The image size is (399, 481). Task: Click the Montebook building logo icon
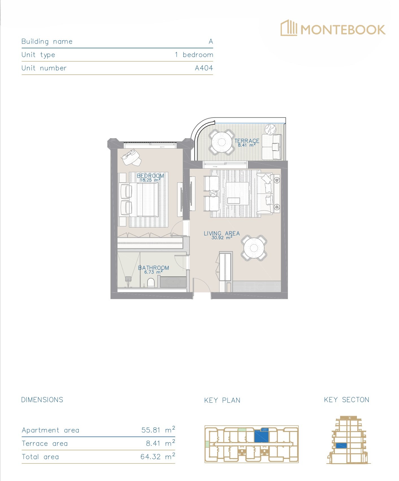289,28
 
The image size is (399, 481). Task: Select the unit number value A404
204,68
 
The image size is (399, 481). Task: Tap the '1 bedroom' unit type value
194,55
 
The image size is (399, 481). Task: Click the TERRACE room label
247,141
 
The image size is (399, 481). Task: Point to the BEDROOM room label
150,176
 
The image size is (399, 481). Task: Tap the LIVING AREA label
222,233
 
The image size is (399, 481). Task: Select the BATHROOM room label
153,268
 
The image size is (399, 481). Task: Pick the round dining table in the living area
254,248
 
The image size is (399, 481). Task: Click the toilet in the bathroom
151,283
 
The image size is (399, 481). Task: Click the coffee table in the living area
237,194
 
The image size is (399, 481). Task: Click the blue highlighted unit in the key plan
261,436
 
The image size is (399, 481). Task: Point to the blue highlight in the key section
341,445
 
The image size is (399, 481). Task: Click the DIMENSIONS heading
42,400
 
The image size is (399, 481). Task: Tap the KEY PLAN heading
222,400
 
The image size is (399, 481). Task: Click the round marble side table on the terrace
270,129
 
